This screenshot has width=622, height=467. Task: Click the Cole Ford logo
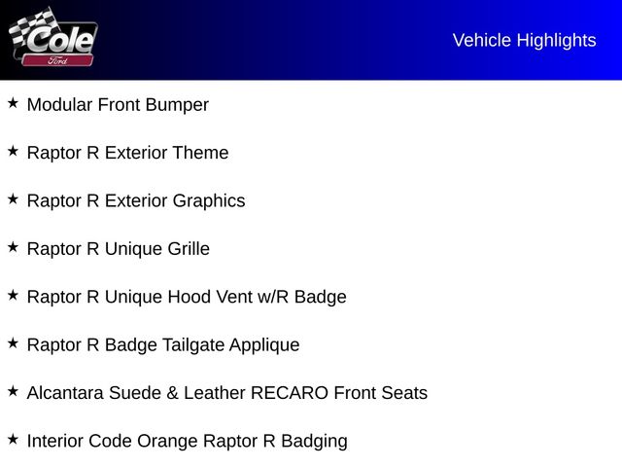52,38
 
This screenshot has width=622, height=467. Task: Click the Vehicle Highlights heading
524,40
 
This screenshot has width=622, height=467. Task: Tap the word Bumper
178,105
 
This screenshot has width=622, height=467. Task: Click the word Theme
200,153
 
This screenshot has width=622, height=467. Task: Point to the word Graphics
209,201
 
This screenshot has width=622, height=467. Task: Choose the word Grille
189,249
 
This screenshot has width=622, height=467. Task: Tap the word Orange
167,441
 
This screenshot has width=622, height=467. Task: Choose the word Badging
314,442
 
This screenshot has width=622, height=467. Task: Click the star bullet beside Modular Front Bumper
13,102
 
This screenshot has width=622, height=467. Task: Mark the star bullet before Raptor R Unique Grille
13,247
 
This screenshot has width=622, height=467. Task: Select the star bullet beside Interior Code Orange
13,439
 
